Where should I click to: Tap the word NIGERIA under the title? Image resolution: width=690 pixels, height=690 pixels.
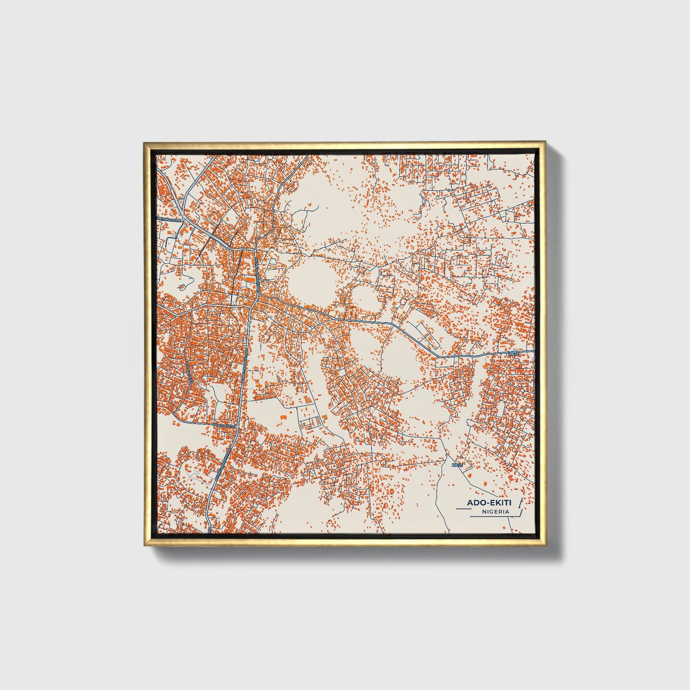point(495,511)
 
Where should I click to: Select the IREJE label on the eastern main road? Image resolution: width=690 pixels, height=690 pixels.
point(513,354)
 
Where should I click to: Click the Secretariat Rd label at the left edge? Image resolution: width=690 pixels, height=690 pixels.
point(170,219)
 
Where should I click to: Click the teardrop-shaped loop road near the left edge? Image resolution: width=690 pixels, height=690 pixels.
point(181,287)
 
